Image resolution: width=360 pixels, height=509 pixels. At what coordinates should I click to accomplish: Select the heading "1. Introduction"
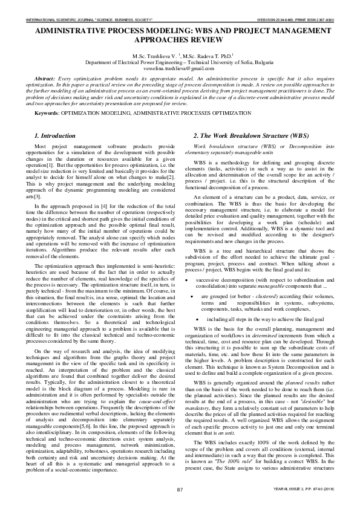(x=54, y=135)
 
